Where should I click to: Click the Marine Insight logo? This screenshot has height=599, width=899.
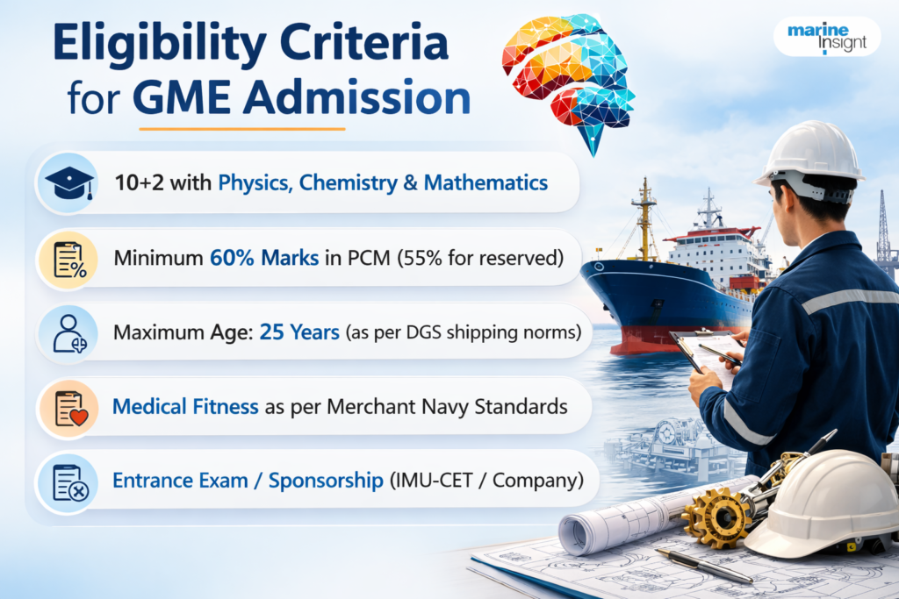point(826,37)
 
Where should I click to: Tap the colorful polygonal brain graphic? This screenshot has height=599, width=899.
point(569,75)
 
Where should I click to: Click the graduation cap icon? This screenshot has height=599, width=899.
point(68,183)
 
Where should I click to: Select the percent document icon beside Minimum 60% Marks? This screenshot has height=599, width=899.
point(68,260)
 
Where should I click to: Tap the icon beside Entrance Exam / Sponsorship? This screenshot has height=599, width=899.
point(68,481)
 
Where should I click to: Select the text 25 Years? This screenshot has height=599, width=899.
point(299,334)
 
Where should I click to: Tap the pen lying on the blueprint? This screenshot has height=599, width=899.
point(702,566)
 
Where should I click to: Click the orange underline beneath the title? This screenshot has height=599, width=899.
point(241,129)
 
